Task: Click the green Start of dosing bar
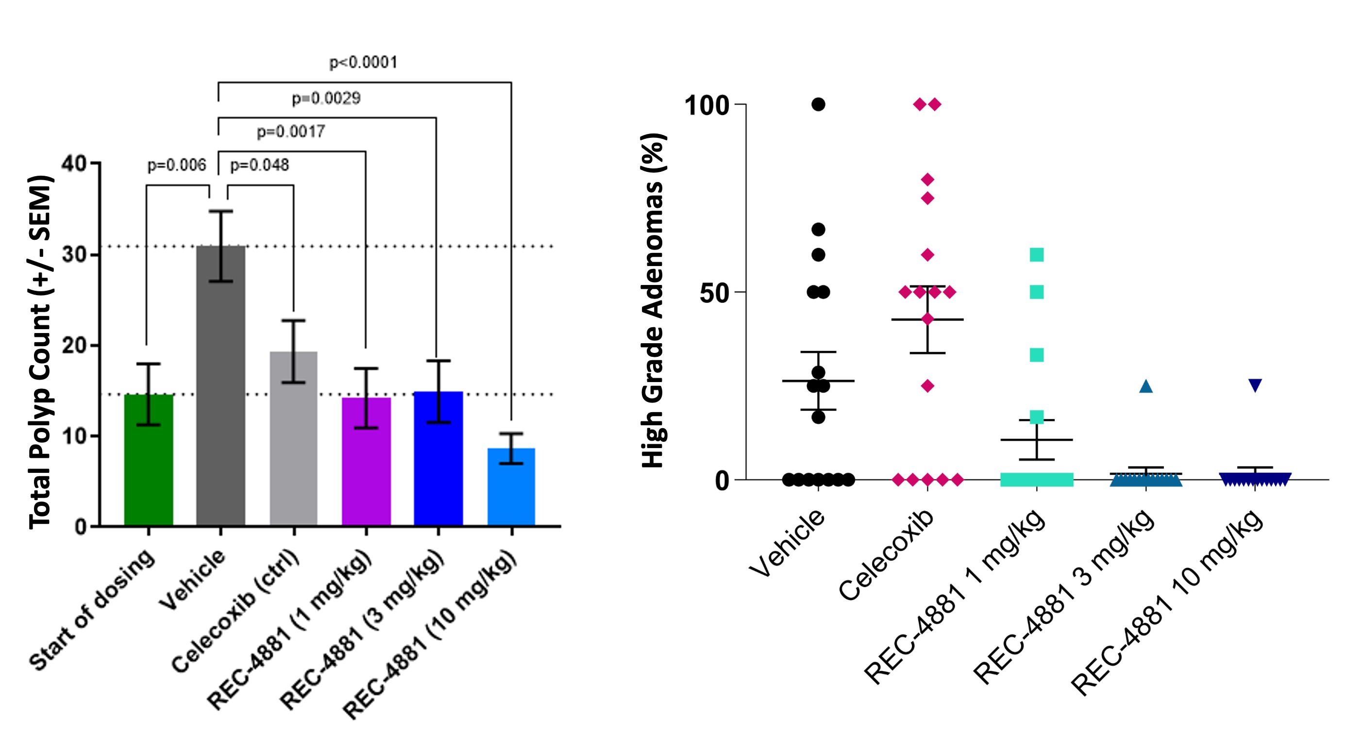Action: tap(149, 460)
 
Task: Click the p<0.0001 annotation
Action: tap(363, 63)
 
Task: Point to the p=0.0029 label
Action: tap(326, 98)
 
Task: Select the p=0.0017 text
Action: tap(290, 132)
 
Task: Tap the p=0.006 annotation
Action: tap(177, 166)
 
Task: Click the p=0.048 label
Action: tap(259, 166)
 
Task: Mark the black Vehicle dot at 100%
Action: tap(818, 104)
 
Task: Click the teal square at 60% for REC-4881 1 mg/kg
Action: tap(1037, 255)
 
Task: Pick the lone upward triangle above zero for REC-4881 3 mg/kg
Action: tap(1146, 386)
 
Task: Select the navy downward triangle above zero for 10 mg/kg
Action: tap(1255, 385)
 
